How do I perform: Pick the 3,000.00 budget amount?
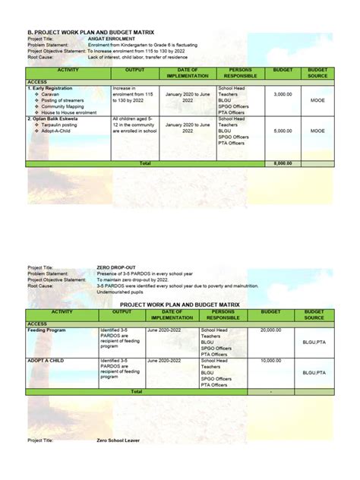[283, 94]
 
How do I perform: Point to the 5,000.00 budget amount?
[283, 131]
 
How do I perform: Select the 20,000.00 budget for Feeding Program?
[271, 330]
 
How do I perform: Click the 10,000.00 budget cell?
[271, 361]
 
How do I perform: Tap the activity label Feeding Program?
[47, 330]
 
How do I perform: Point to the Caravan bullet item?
[51, 94]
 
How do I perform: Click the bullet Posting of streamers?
[63, 100]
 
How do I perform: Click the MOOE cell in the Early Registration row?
[317, 100]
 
